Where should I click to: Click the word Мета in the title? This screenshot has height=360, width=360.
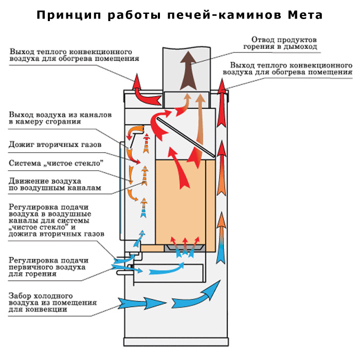[x=305, y=15]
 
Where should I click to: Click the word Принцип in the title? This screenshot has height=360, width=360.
[x=69, y=15]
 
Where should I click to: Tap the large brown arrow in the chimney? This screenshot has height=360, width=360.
[x=188, y=70]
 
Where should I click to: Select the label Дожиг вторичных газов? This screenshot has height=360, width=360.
[x=55, y=145]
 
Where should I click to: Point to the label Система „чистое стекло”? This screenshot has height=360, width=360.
[x=56, y=163]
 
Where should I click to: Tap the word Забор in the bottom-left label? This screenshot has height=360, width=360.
[x=20, y=296]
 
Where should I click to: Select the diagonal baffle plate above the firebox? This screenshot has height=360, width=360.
[x=186, y=137]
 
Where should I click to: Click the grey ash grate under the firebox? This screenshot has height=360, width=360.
[x=185, y=248]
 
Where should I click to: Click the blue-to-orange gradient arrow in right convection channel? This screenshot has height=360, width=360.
[x=221, y=238]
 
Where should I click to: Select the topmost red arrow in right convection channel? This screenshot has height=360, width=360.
[x=222, y=102]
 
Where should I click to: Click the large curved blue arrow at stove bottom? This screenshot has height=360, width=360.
[x=196, y=296]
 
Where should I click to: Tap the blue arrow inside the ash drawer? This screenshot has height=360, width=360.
[x=167, y=269]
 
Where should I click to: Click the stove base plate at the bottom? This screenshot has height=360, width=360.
[x=176, y=342]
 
